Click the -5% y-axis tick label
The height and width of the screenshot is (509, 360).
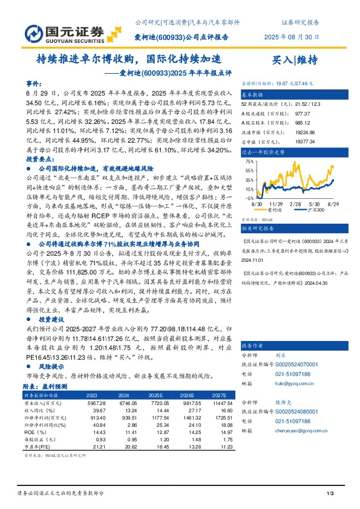click(x=249, y=197)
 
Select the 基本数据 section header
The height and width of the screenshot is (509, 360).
click(x=253, y=96)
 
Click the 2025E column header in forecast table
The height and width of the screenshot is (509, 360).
click(x=156, y=395)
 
